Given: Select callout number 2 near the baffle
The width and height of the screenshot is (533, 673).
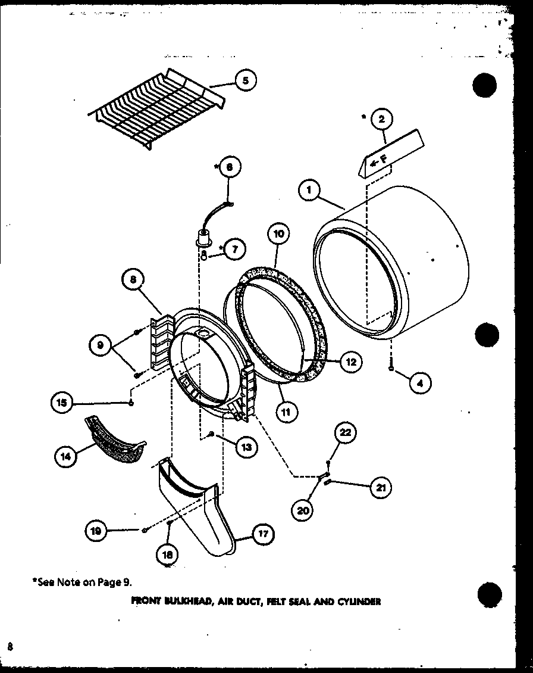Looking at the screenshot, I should [x=381, y=119].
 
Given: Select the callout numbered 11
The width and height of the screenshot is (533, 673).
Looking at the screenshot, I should [x=286, y=410].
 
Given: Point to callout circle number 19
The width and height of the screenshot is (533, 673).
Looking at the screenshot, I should [x=96, y=530].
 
